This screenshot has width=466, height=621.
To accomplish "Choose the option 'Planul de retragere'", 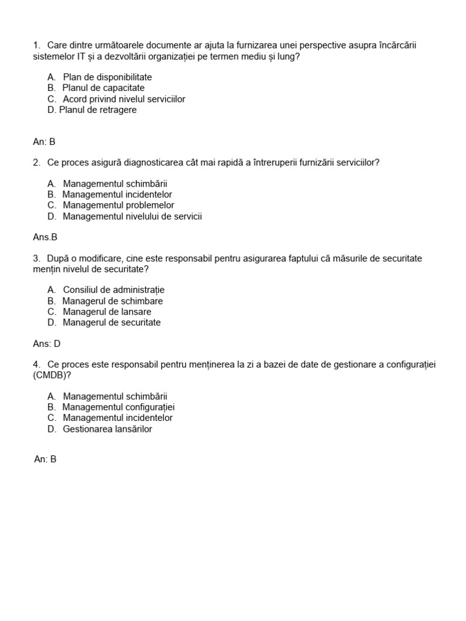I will pos(98,110).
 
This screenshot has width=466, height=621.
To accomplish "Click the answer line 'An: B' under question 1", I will pos(44,142).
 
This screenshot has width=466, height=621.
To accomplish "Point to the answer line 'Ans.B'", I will pos(45,237).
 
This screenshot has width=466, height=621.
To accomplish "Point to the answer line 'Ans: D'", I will pos(47,343).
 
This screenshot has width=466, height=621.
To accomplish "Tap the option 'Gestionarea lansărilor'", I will pos(107,429).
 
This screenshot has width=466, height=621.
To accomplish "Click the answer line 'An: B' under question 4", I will pos(46,460).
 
